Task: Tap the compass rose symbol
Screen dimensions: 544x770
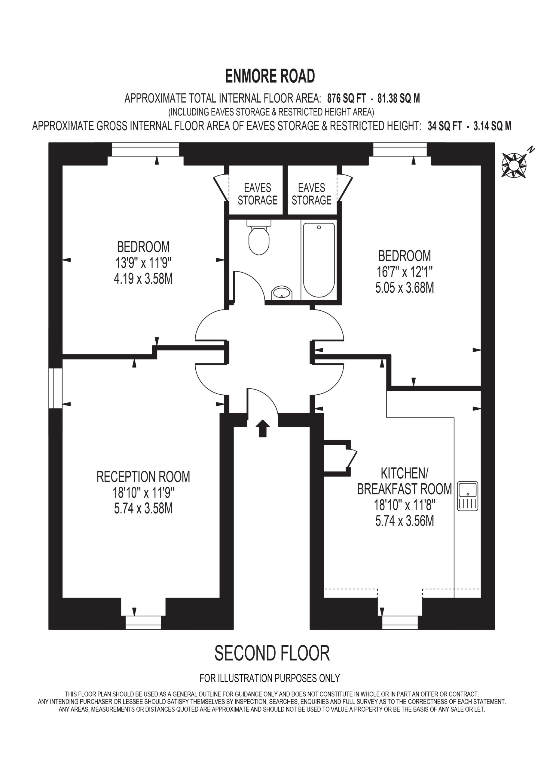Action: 514,165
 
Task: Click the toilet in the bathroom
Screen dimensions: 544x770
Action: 259,237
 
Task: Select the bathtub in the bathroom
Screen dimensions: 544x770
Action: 319,260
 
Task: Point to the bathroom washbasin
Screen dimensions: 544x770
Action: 282,293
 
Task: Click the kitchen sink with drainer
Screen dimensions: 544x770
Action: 468,496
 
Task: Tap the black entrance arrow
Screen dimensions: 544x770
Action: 262,428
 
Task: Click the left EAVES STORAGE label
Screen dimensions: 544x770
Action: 257,194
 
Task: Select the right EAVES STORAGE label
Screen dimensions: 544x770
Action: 311,194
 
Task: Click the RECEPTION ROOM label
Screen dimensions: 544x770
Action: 143,476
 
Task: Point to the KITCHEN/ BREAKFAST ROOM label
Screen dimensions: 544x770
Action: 405,481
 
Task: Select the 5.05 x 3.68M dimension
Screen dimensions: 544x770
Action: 405,288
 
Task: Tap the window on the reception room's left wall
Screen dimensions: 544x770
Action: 56,388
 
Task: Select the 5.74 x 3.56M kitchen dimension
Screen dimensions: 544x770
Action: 405,521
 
